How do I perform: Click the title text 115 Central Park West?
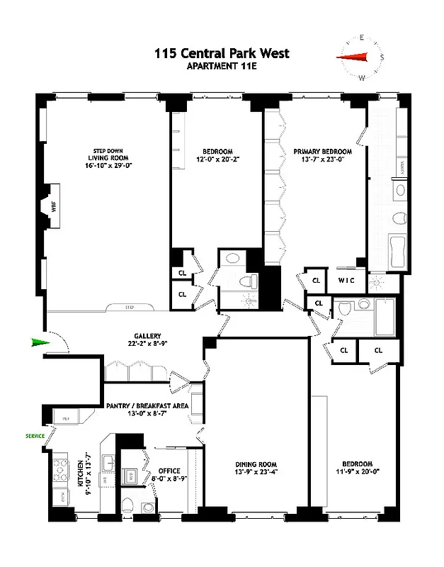(222, 53)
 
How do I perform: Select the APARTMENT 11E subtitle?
(222, 67)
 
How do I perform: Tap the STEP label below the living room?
(130, 308)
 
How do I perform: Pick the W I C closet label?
(346, 281)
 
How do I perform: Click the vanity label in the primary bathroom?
(402, 167)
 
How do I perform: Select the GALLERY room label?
(147, 336)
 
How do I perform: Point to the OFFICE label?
(169, 471)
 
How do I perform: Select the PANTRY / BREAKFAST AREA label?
(147, 405)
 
